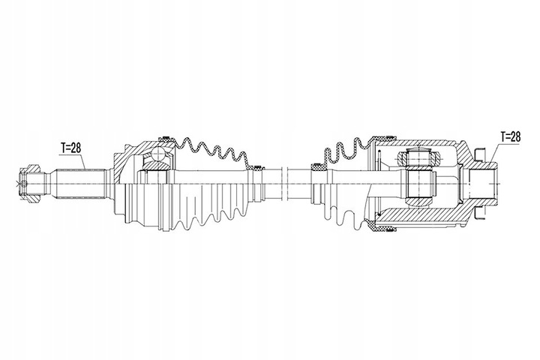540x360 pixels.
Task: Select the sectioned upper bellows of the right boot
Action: point(341,150)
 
